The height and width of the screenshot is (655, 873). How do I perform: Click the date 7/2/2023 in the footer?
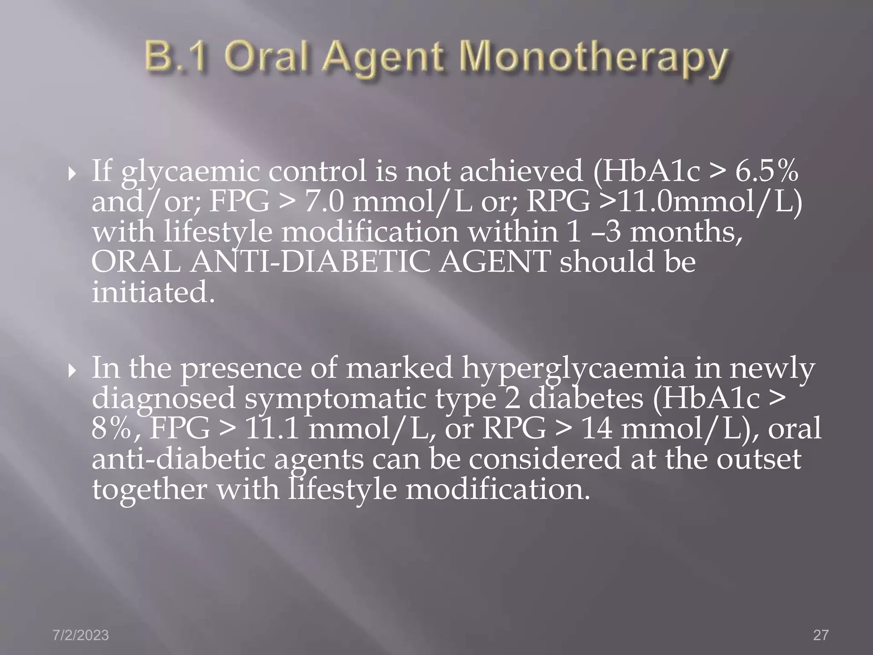pos(81,635)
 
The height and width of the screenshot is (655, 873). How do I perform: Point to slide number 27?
pos(821,635)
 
